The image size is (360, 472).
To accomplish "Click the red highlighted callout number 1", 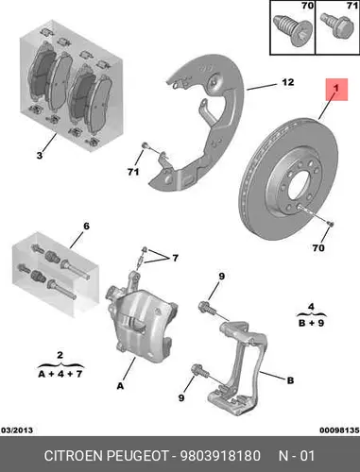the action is pos(336,89).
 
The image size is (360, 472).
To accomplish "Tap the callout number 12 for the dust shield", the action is pos(288,82).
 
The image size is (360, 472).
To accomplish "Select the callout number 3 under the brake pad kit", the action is pos(40,155).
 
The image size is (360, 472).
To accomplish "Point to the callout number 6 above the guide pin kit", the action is pos(86,226).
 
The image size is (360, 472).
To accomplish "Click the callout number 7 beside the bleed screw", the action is pos(175,259).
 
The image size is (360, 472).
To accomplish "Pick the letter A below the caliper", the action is pos(120,386).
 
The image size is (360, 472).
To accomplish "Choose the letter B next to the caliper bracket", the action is pos(290,380).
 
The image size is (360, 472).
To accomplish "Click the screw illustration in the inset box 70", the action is pos(290,30).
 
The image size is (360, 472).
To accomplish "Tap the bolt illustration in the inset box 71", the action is pos(334,27).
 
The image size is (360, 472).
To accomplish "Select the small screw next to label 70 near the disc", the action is pos(331,224).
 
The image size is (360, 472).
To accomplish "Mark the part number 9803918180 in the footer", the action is pos(220,456).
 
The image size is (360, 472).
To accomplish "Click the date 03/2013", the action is pos(17,430).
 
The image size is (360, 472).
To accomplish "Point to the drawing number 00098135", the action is pos(339,430).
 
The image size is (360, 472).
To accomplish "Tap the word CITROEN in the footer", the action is pos(74,456).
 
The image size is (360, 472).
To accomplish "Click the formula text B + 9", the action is pos(311,323).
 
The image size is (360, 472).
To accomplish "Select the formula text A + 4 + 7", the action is pos(60,374).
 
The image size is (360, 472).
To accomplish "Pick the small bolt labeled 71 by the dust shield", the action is pos(146,145).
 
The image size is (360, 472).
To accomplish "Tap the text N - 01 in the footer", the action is pos(297,456).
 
